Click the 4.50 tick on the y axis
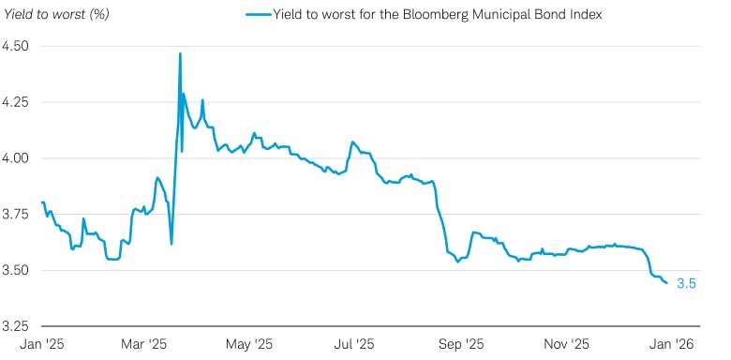(x=16, y=46)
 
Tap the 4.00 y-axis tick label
(x=16, y=158)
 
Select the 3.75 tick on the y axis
(x=16, y=215)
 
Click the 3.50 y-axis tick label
(x=16, y=271)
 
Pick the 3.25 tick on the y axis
(x=16, y=327)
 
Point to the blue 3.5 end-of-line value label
(x=686, y=283)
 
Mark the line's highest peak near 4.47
(x=180, y=53)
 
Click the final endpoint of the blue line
(x=666, y=282)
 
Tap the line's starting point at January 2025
(x=42, y=202)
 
